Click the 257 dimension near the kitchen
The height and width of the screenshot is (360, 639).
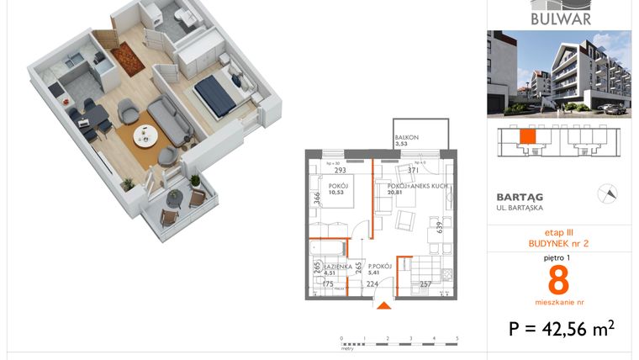click(x=425, y=284)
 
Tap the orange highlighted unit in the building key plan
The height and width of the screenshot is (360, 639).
click(x=526, y=137)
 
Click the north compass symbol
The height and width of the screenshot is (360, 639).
click(x=605, y=194)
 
